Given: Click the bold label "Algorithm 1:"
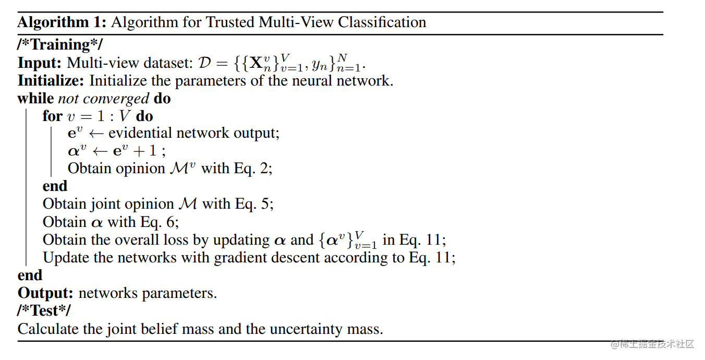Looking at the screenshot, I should point(62,22).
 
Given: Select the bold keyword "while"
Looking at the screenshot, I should point(35,99).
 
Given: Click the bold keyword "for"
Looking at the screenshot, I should point(53,116).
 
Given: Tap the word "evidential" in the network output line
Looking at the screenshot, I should point(140,133).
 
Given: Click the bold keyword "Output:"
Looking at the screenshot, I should point(45,293).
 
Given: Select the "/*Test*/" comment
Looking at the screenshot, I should point(44,311).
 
